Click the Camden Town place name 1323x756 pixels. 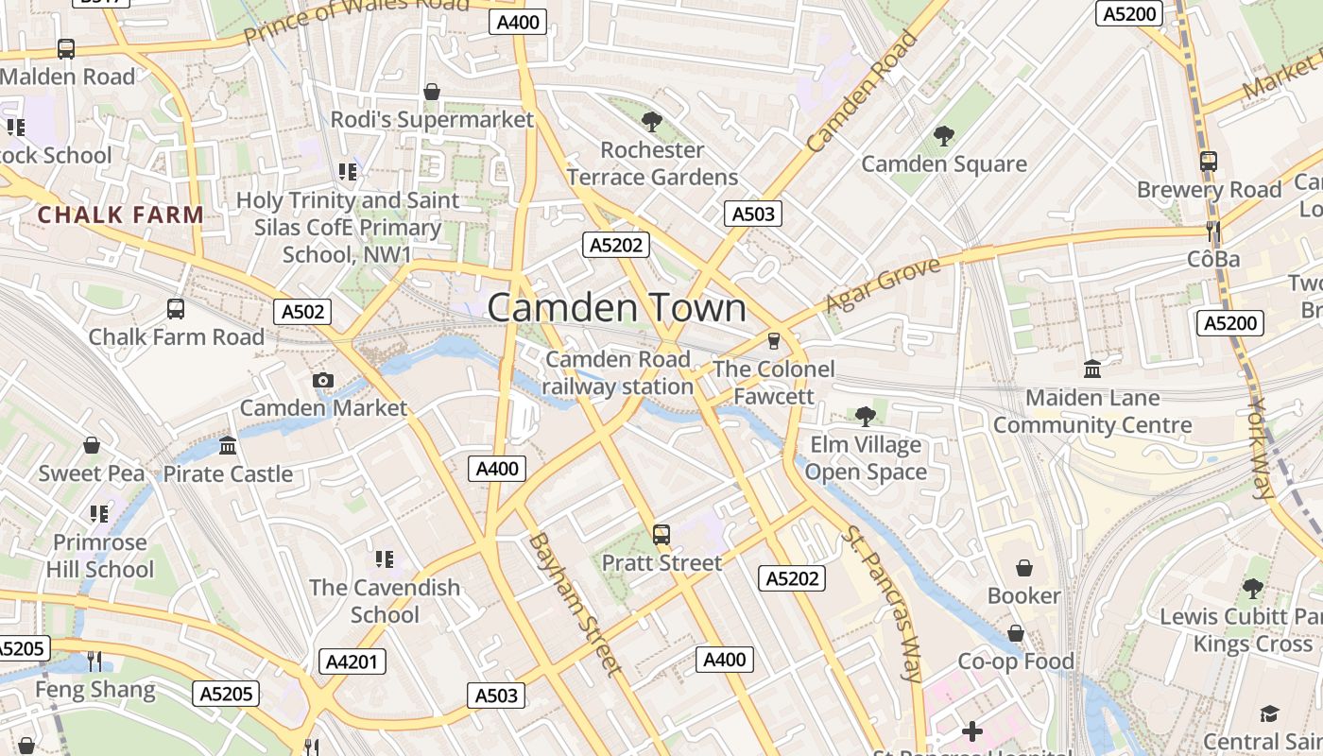tap(616, 309)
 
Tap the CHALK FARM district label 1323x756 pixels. tap(121, 215)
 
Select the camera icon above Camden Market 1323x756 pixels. tap(323, 380)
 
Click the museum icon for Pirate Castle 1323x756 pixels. tap(228, 445)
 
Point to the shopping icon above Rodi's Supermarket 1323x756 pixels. tap(432, 92)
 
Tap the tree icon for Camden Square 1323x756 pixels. tap(943, 136)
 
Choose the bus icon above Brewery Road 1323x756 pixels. tap(1209, 161)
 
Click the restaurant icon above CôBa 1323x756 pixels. tap(1213, 231)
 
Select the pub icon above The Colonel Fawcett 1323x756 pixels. tap(774, 340)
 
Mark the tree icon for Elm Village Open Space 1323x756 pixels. tap(865, 416)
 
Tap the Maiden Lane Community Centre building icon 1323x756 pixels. tap(1092, 369)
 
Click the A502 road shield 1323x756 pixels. tap(302, 312)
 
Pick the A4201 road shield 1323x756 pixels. tap(352, 661)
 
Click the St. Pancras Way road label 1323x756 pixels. tap(881, 605)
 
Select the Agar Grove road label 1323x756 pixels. tap(884, 284)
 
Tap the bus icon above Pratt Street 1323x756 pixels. tap(661, 535)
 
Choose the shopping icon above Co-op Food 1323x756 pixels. tap(1016, 633)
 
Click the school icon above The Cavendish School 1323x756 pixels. tap(384, 559)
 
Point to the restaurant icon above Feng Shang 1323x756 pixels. tap(94, 661)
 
